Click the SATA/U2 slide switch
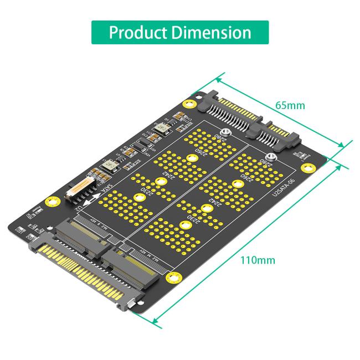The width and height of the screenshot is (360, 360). (x=79, y=191)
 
